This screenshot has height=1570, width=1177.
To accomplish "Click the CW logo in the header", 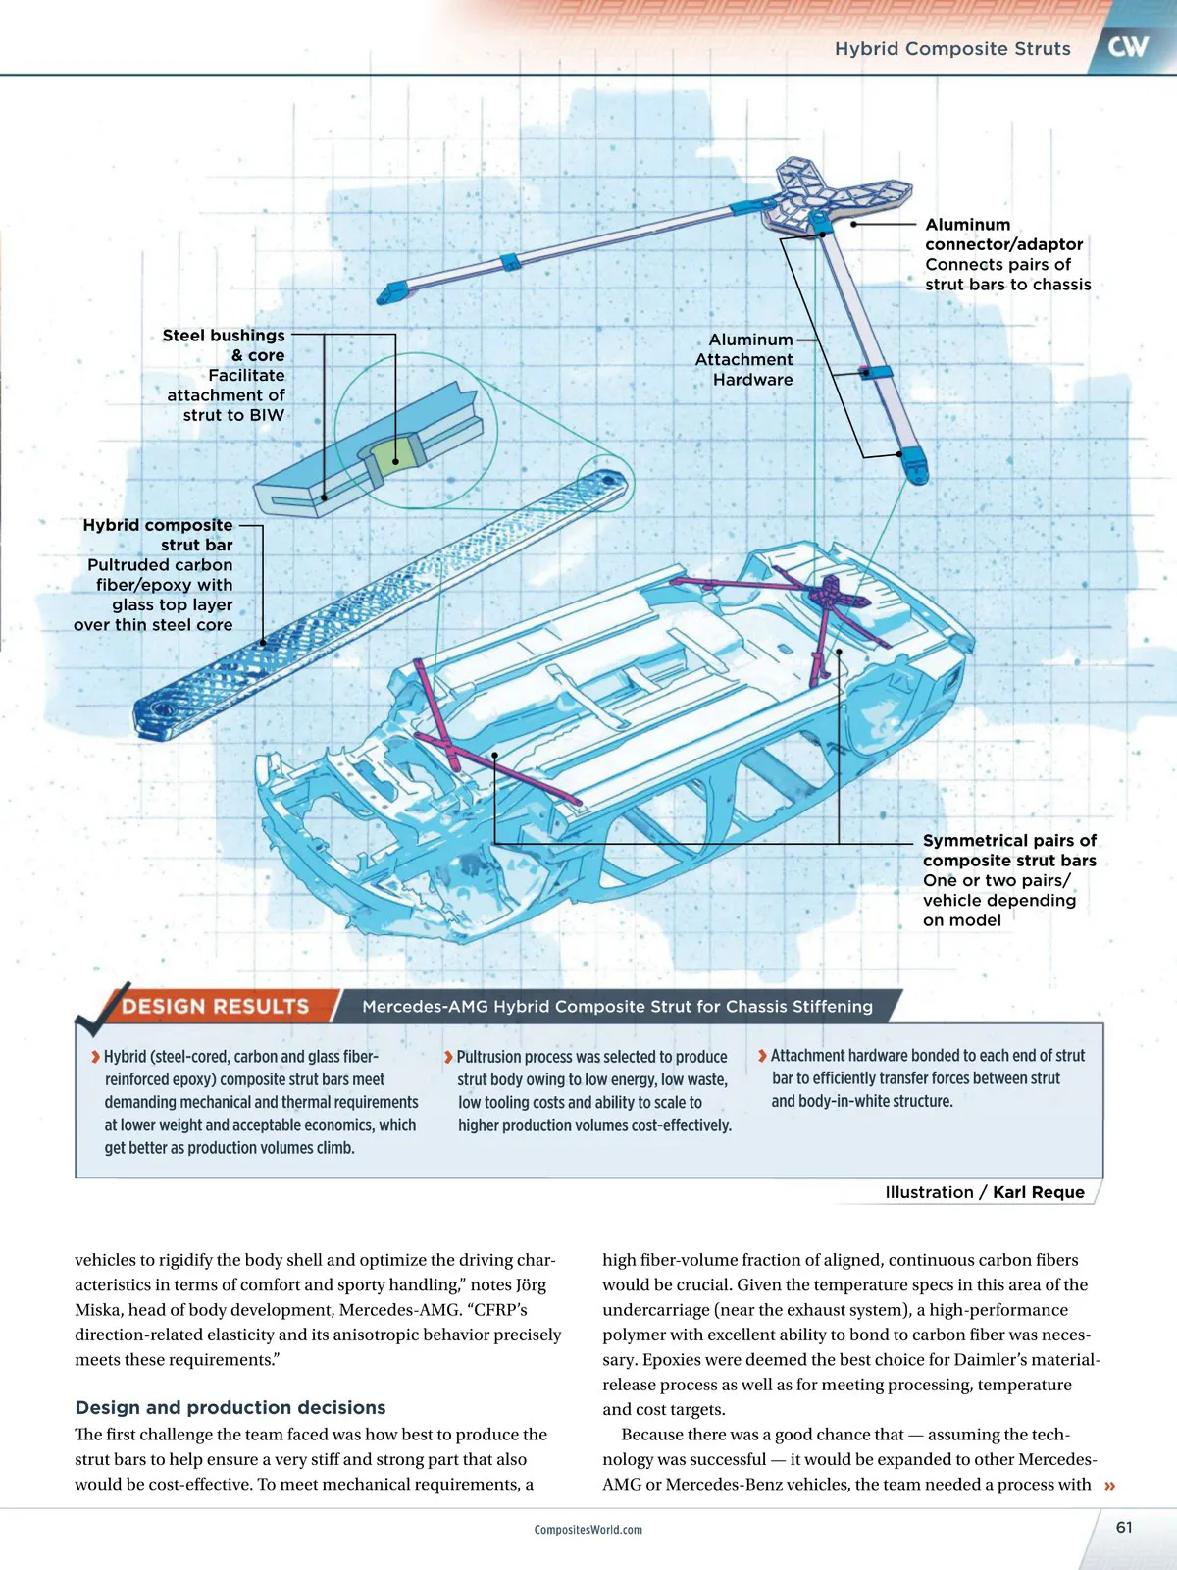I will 1128,46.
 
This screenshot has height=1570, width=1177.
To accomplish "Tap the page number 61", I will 1124,1527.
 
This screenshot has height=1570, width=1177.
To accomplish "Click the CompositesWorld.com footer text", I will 588,1530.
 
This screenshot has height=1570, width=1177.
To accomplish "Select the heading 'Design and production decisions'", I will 230,1407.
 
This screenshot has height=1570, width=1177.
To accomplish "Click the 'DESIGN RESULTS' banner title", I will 215,1006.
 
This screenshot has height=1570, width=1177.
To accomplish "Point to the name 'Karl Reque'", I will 1039,1192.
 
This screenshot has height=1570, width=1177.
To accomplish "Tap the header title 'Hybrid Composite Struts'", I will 952,49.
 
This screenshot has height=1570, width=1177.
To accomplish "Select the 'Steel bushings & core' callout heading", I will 225,345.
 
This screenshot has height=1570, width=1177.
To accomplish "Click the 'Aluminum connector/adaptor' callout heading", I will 1003,235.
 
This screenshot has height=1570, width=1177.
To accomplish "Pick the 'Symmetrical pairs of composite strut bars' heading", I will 1009,851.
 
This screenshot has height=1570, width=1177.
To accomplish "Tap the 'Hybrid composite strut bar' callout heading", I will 159,535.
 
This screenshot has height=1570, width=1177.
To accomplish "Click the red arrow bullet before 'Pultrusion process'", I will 448,1057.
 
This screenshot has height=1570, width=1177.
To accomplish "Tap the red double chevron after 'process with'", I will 1110,1486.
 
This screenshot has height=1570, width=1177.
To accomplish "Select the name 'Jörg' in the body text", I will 528,1284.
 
